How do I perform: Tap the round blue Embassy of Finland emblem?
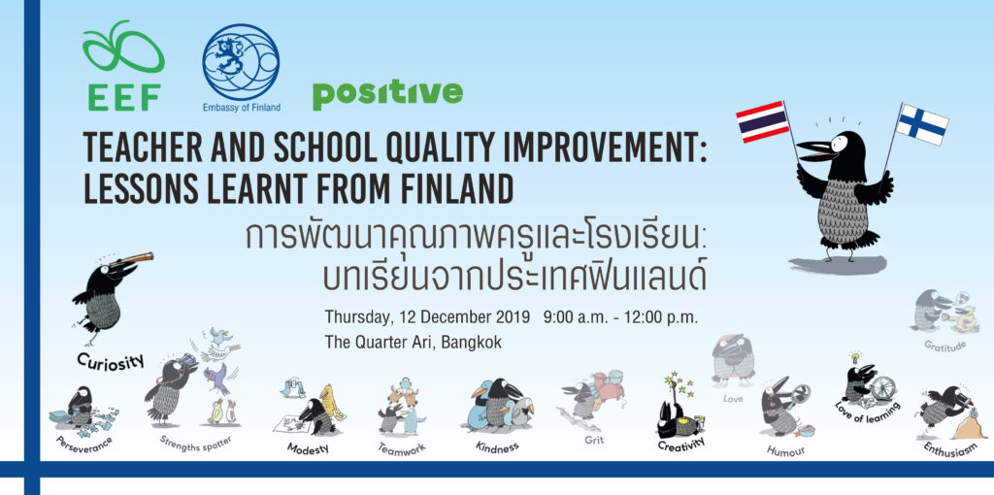(241, 61)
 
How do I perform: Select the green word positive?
(387, 94)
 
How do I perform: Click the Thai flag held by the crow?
(763, 121)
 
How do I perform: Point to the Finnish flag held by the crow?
(922, 124)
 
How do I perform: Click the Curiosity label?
(111, 361)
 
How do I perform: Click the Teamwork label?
(402, 448)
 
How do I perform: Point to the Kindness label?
(497, 446)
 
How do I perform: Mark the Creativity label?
(680, 445)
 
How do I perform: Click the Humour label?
(786, 450)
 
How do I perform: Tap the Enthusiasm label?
(945, 449)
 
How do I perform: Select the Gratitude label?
(944, 346)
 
